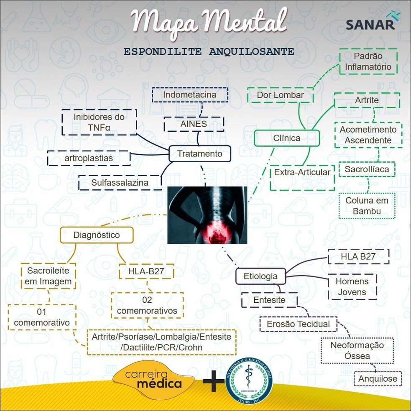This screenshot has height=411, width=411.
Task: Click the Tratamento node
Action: pyautogui.click(x=199, y=153)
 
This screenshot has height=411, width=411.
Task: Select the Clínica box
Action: pyautogui.click(x=286, y=138)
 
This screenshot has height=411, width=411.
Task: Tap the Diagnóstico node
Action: pyautogui.click(x=97, y=235)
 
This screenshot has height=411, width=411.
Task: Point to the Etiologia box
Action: pyautogui.click(x=260, y=276)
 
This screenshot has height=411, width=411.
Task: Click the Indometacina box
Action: pyautogui.click(x=190, y=94)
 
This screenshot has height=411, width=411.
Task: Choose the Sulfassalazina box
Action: pyautogui.click(x=120, y=183)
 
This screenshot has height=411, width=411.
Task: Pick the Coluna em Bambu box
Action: pyautogui.click(x=367, y=206)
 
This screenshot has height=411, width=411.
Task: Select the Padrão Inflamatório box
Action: pyautogui.click(x=368, y=61)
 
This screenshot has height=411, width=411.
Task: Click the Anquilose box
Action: pyautogui.click(x=378, y=379)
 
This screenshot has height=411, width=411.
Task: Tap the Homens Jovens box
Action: pyautogui.click(x=352, y=286)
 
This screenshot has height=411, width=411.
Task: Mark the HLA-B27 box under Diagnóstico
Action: pyautogui.click(x=146, y=271)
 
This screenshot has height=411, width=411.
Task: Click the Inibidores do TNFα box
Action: pyautogui.click(x=99, y=122)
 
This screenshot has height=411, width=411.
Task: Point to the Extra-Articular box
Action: pyautogui.click(x=302, y=172)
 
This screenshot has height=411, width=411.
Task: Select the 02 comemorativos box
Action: pyautogui.click(x=147, y=305)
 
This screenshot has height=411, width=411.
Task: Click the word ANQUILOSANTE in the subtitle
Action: pyautogui.click(x=250, y=52)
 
